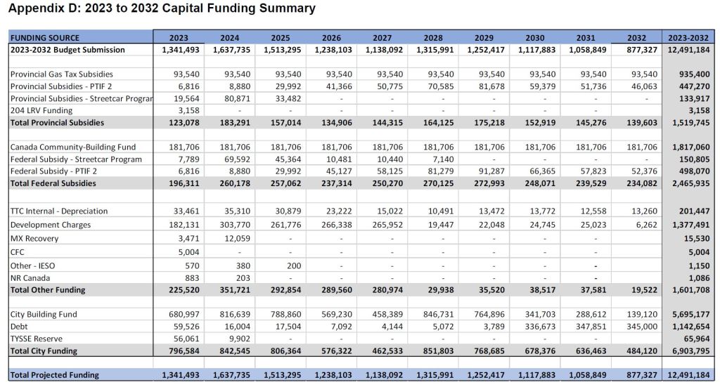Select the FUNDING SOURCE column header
[45, 37]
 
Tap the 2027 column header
[382, 37]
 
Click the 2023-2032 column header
[688, 37]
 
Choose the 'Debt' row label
[20, 327]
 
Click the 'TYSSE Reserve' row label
[37, 339]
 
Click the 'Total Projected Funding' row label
[55, 374]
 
